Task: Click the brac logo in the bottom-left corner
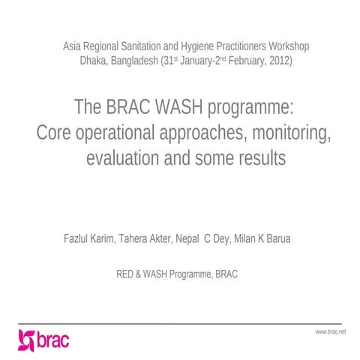(x=43, y=340)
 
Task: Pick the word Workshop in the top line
(x=287, y=46)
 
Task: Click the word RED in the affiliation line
(x=126, y=274)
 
